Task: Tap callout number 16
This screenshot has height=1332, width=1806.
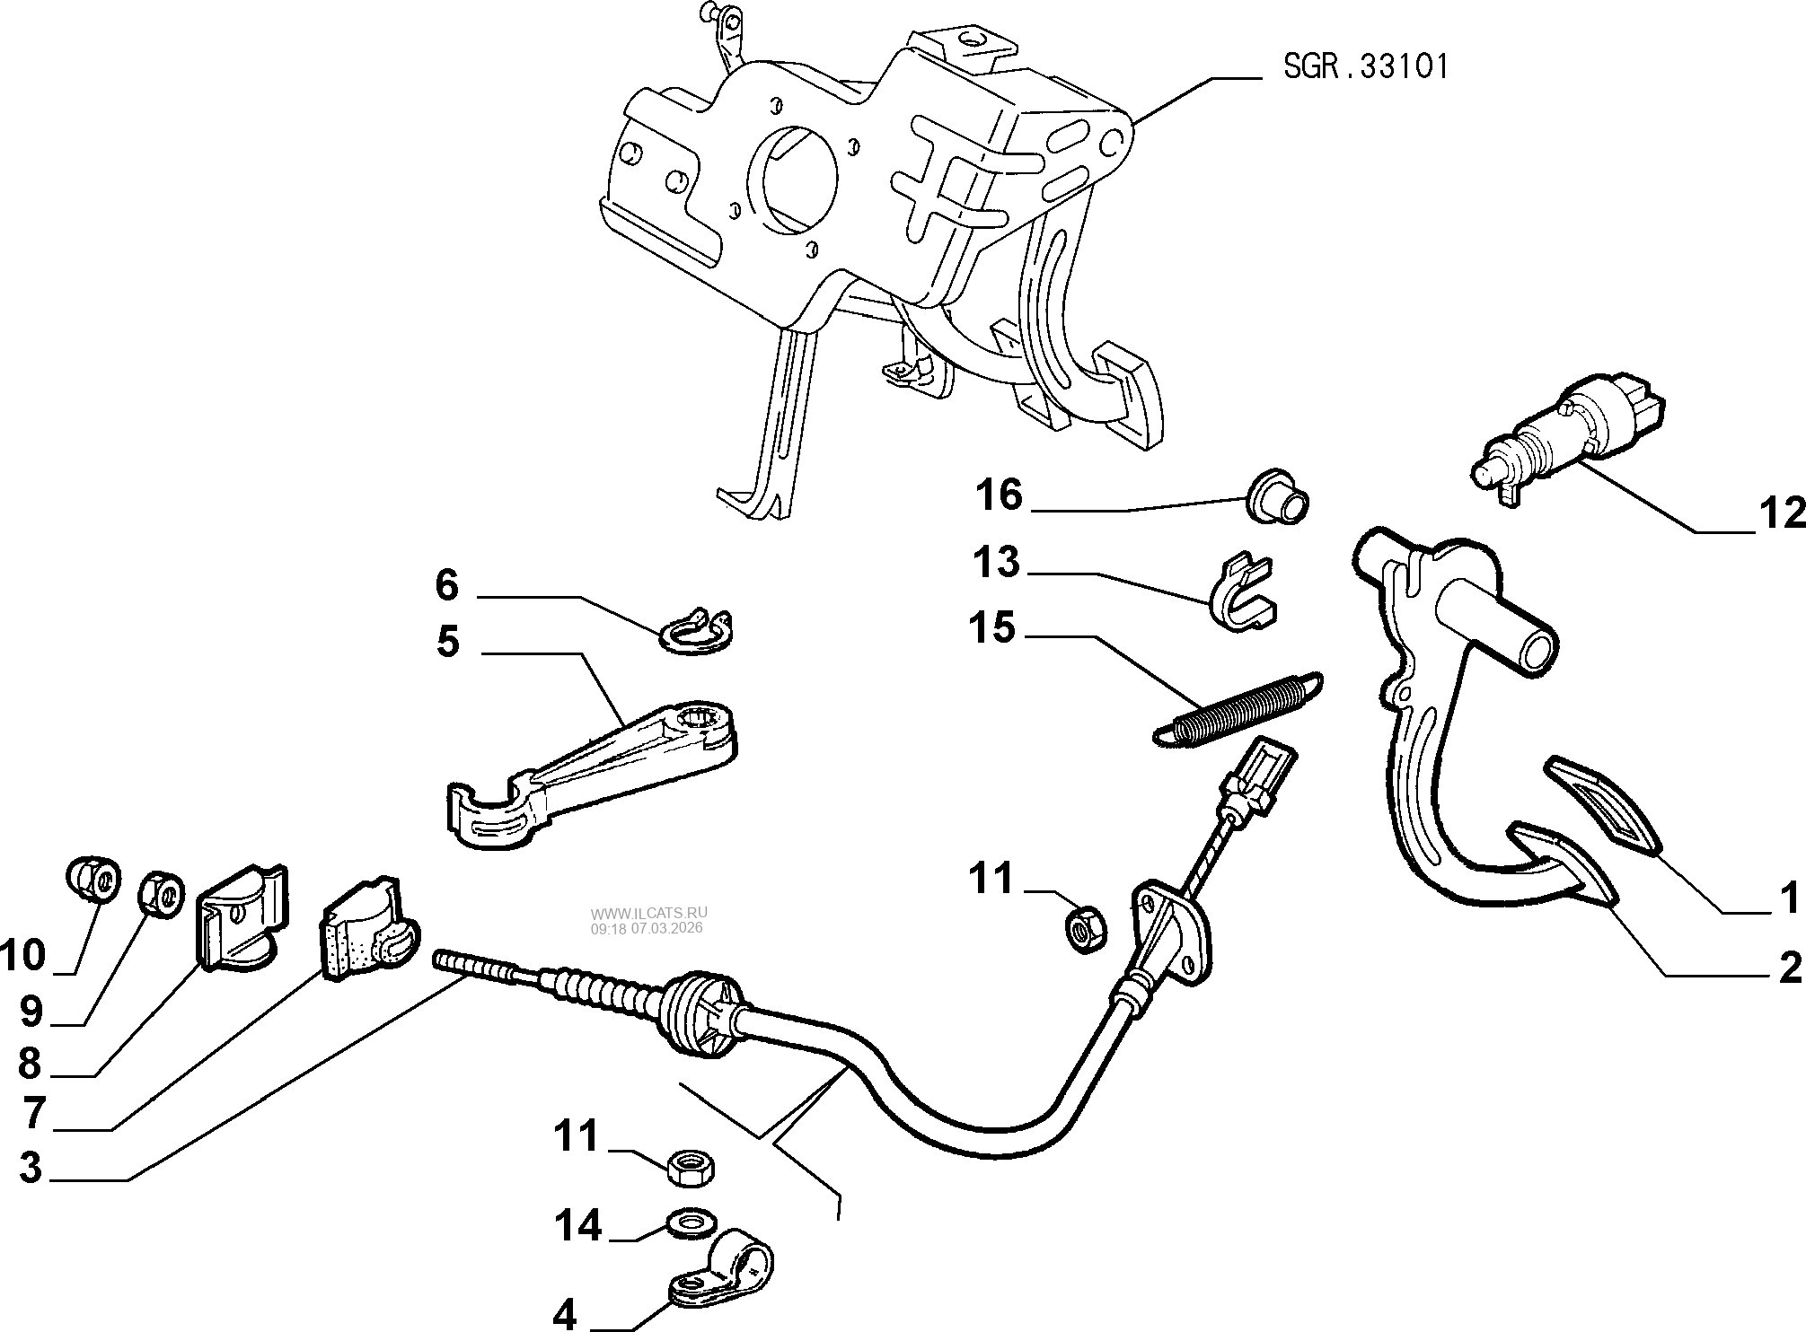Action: (999, 495)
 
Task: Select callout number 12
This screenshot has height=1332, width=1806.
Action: (1782, 513)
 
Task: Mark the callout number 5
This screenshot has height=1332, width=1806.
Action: (447, 643)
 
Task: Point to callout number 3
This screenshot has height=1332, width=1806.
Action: (31, 1168)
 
